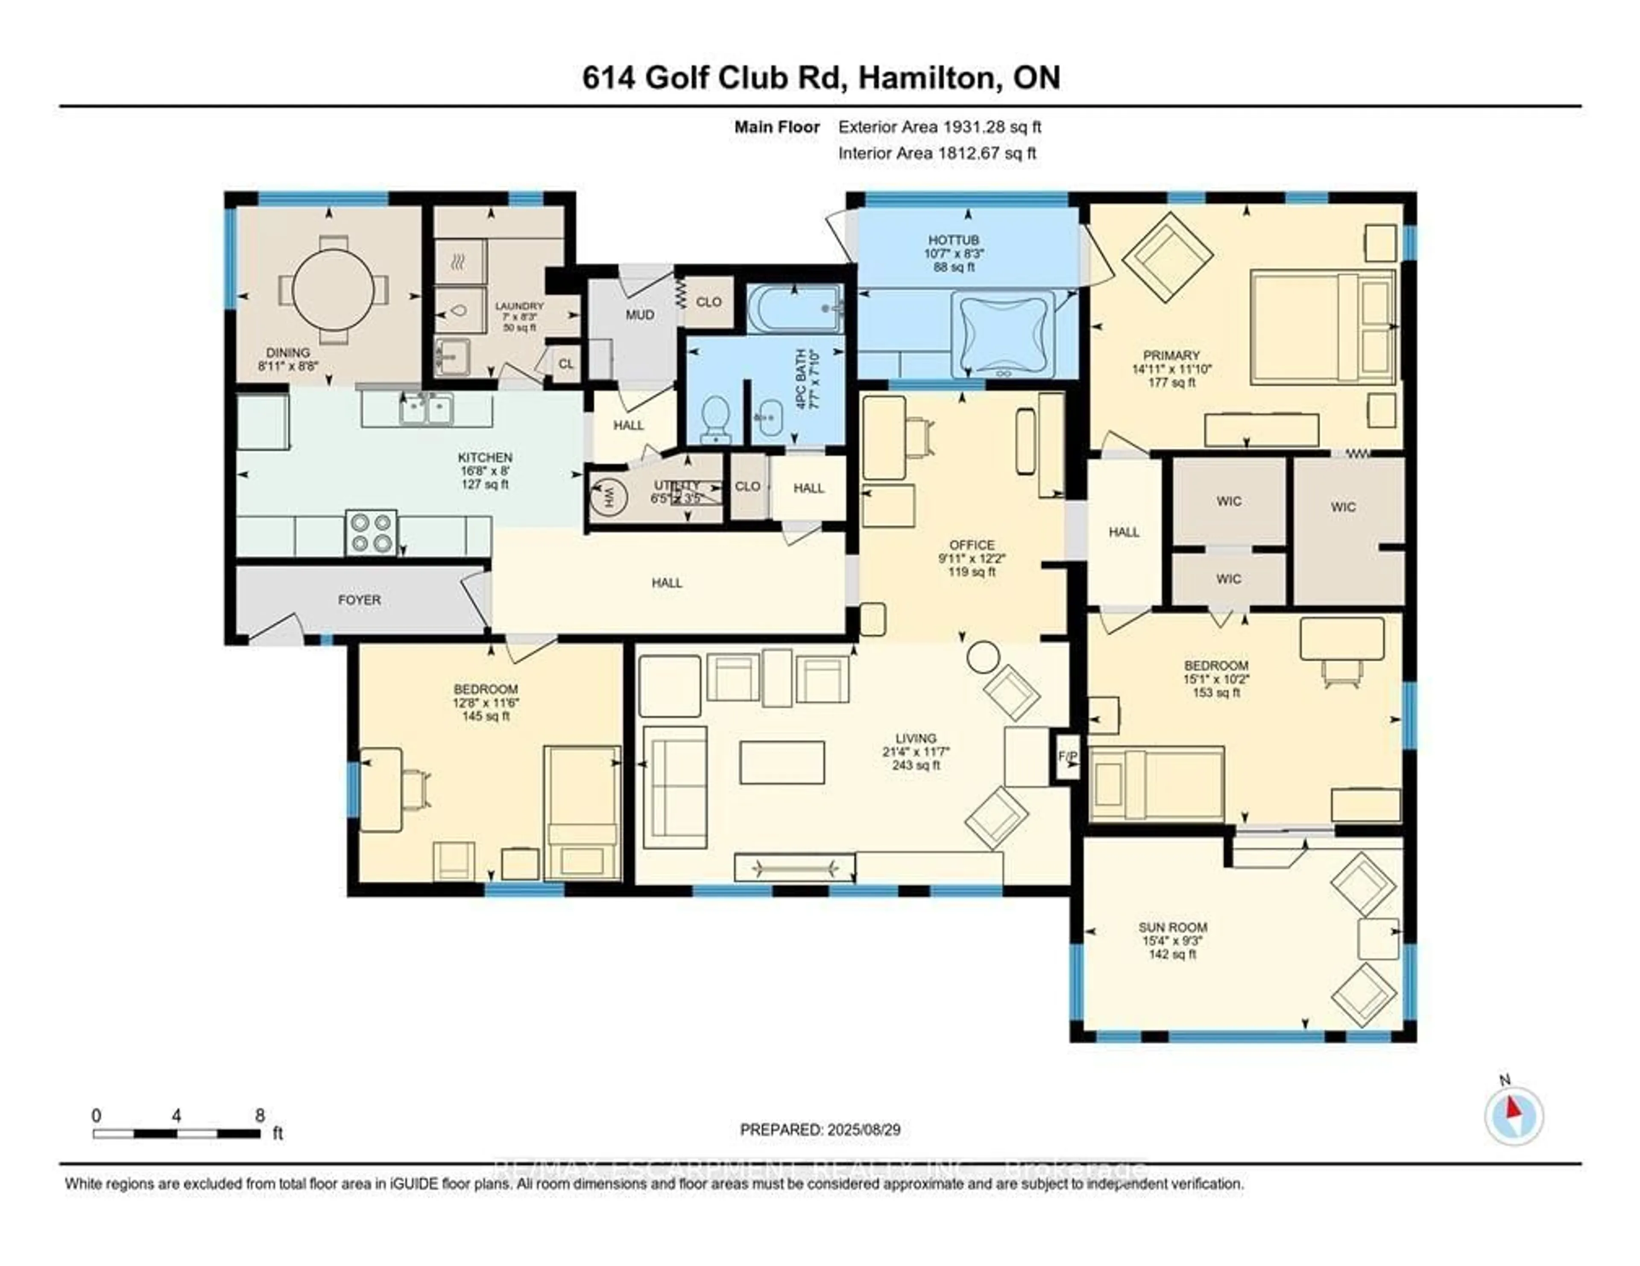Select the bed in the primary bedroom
pos(1322,327)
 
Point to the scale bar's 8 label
pos(260,1116)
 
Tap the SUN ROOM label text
pos(1172,927)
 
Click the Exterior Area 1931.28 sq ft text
pos(940,127)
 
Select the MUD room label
pos(640,315)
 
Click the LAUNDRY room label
pos(519,306)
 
